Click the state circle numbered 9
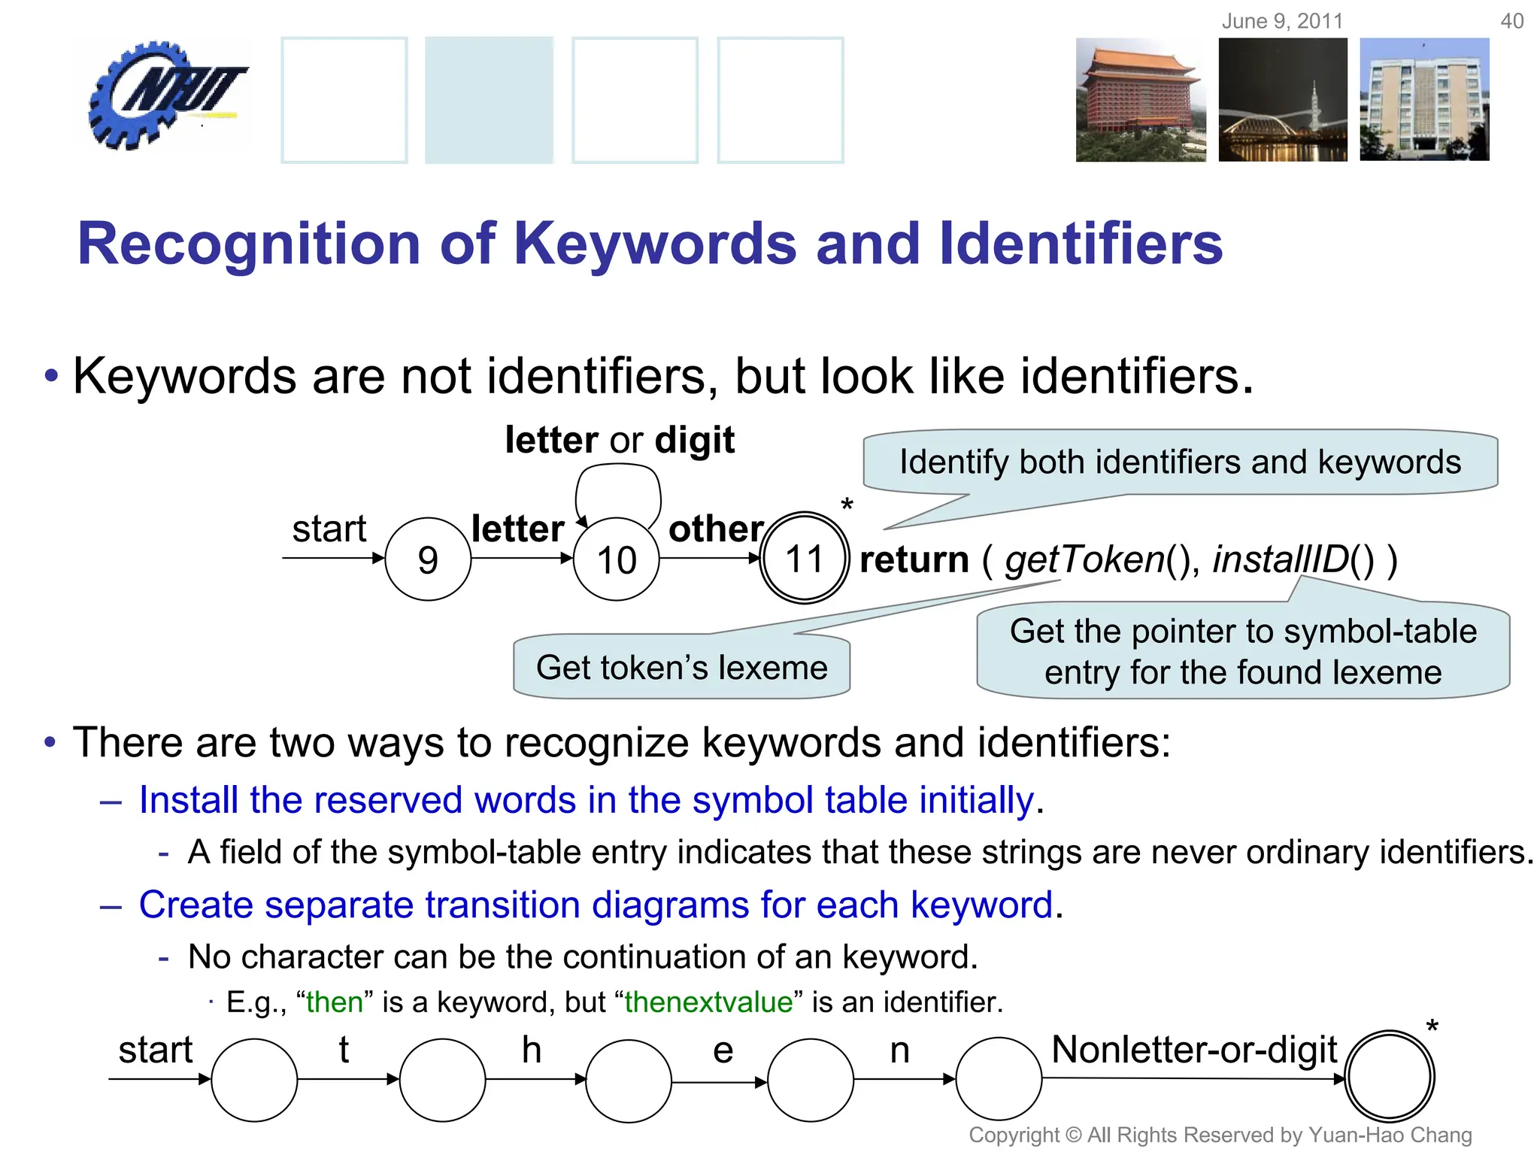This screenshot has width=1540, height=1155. [428, 559]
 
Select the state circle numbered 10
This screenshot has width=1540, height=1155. [616, 559]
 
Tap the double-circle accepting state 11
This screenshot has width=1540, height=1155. [804, 558]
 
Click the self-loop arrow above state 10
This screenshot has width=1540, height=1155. [618, 481]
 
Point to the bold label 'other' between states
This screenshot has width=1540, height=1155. [716, 529]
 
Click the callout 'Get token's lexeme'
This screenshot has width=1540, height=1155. [681, 667]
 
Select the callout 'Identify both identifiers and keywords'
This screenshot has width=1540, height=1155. [1180, 462]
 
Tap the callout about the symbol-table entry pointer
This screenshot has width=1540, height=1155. [1243, 651]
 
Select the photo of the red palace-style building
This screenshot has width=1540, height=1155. [1140, 100]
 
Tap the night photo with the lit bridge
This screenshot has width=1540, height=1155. [1283, 100]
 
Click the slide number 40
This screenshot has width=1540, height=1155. [1511, 21]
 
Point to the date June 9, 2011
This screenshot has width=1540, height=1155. [1282, 21]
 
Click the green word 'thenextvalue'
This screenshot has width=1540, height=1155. [708, 1002]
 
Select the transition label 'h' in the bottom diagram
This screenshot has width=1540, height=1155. [532, 1050]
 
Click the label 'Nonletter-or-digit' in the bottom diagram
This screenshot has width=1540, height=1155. [1194, 1050]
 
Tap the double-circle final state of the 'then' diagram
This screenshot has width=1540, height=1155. [1389, 1076]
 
